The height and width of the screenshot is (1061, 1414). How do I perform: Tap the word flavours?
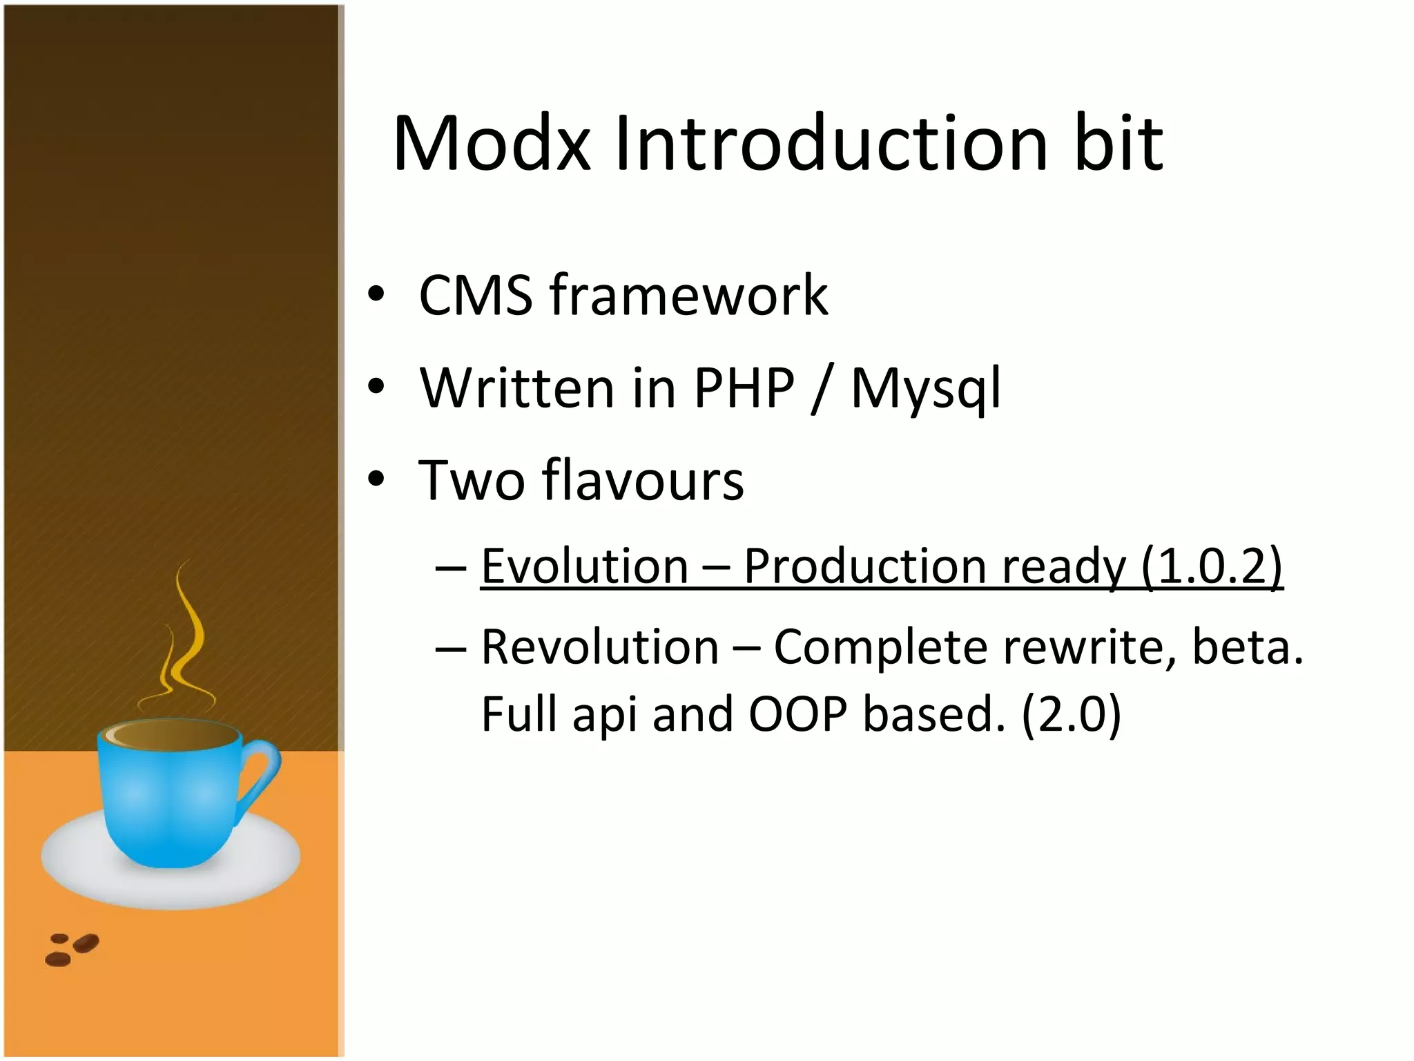coord(643,480)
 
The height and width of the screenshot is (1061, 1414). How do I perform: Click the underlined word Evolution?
coord(584,566)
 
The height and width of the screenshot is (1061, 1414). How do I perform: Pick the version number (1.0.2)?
coord(1212,566)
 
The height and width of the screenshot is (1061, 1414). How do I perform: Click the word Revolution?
coord(599,647)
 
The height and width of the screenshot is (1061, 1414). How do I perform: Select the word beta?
coord(1247,647)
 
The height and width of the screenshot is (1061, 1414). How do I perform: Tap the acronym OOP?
coord(797,714)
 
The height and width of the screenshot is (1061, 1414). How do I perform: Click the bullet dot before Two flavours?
coord(376,479)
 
